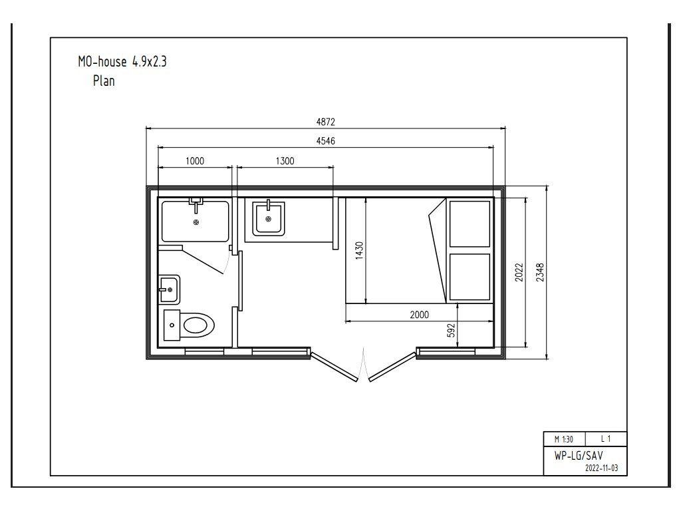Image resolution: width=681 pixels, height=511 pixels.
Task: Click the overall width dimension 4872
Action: tap(326, 122)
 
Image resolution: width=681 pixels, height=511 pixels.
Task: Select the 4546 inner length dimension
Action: tap(326, 141)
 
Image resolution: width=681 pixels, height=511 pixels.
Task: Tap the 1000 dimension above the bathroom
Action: tap(195, 161)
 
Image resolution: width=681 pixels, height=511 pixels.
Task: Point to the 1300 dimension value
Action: tap(285, 161)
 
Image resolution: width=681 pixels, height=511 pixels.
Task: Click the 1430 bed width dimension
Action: tap(359, 251)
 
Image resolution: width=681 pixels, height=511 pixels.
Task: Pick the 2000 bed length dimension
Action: tap(419, 315)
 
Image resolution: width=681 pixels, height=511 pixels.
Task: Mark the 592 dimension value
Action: tap(452, 330)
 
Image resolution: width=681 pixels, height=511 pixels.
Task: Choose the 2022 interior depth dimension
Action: tap(519, 272)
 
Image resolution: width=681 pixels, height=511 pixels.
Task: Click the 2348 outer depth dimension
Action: tap(540, 272)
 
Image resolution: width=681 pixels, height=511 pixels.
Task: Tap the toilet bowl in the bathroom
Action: tap(198, 325)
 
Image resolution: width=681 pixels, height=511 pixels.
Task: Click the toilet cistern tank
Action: tap(172, 325)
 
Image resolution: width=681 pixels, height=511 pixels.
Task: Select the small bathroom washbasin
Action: tap(169, 289)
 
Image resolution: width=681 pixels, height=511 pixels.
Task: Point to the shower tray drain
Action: tap(196, 222)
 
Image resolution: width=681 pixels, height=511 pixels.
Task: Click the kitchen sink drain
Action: tap(269, 219)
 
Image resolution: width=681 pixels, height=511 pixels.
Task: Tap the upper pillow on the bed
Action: tap(470, 224)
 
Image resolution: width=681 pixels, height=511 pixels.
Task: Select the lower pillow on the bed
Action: tap(470, 277)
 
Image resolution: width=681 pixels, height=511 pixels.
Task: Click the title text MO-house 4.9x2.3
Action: tap(122, 62)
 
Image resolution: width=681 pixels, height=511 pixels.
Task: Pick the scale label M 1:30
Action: tap(564, 439)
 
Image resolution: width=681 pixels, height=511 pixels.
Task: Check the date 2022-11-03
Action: tap(601, 468)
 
